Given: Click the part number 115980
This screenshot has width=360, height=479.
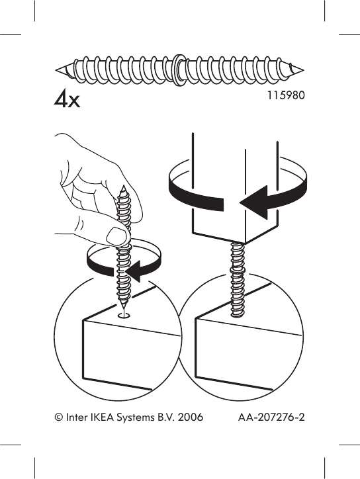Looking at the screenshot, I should pos(285,95).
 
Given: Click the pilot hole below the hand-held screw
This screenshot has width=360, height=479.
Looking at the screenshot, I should pos(124,316).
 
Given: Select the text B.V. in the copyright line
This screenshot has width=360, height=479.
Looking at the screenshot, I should pos(166,418).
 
